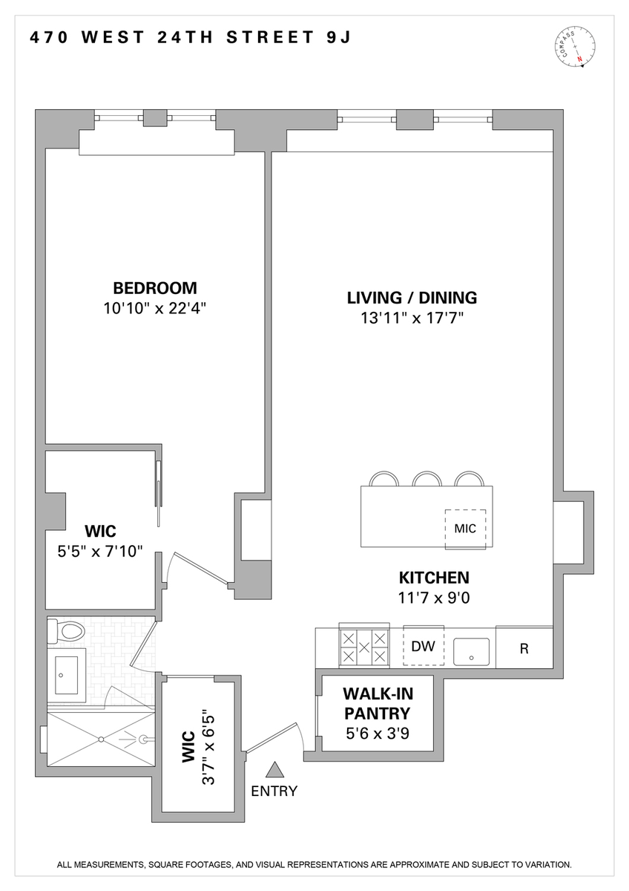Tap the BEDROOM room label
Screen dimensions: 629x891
point(155,288)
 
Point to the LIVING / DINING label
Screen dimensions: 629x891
point(412,298)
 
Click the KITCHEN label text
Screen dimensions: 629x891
point(434,578)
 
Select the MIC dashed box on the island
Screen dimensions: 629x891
point(465,529)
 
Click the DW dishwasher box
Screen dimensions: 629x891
point(424,646)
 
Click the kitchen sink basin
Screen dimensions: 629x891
point(471,652)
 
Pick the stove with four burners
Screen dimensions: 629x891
point(364,645)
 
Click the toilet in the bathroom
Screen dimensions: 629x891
point(65,632)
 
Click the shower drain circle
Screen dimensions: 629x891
point(102,740)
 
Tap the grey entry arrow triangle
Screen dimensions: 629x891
point(274,770)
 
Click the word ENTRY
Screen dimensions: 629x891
point(274,792)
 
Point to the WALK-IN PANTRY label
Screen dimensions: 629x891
point(378,703)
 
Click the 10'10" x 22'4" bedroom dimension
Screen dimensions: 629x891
point(155,308)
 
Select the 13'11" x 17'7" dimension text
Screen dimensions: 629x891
point(412,319)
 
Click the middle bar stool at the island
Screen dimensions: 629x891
point(427,479)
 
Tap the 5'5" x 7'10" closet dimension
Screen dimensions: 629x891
point(100,552)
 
